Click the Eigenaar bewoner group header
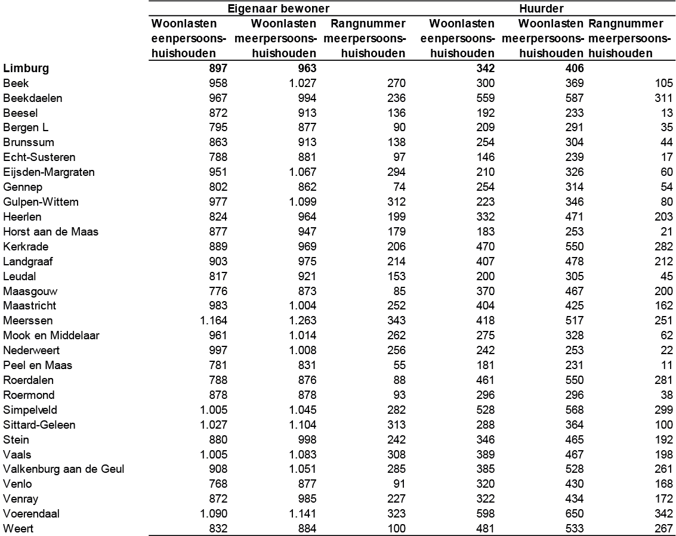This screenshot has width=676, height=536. coord(279,9)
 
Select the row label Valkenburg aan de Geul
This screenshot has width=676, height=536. coord(63,469)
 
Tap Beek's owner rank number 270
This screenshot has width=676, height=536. coord(396,83)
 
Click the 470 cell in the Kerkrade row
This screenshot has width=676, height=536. coord(484,246)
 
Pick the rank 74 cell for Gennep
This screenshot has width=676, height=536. coord(399,187)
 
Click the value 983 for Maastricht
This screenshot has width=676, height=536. coord(217,305)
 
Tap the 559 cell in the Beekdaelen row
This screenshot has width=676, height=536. coord(484,98)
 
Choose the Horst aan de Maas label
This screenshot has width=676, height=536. coord(50,231)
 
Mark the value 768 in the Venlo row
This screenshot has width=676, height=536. coord(217,484)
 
